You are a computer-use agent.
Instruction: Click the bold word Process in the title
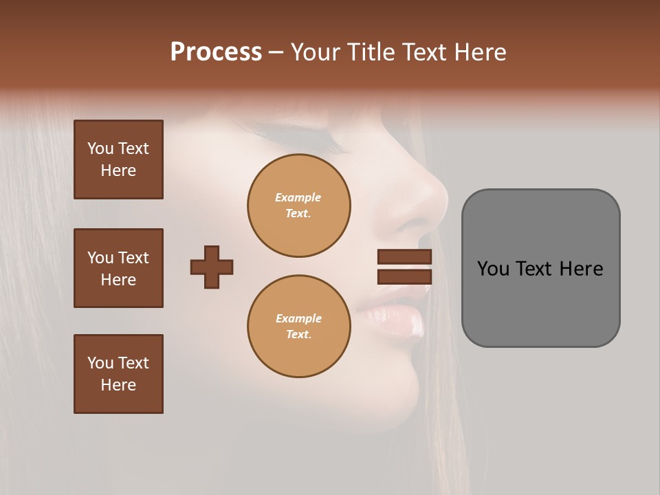[216, 52]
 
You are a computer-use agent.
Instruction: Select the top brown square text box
[118, 159]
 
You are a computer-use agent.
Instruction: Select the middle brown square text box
[118, 268]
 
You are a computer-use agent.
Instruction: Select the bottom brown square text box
[118, 374]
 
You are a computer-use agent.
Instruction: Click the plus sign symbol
[212, 267]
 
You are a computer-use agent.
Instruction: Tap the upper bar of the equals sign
[404, 256]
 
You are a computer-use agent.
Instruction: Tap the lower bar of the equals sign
[404, 277]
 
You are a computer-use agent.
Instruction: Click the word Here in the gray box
[581, 269]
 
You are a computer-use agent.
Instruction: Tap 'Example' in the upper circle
[298, 197]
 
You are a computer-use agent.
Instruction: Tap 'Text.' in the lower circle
[298, 335]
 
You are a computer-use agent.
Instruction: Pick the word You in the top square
[100, 148]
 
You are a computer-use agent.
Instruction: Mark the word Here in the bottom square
[118, 385]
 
